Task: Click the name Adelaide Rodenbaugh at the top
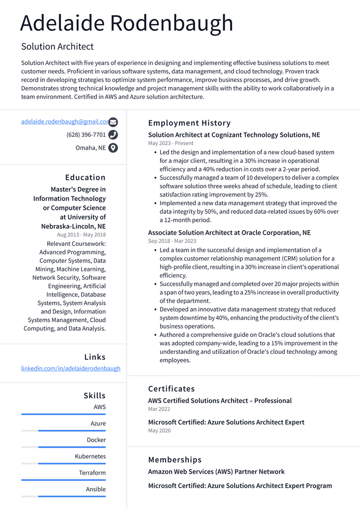pos(127,23)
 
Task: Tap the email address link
pos(65,121)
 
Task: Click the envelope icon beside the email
pos(113,122)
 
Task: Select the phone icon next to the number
pos(113,135)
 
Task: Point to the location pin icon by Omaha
pos(113,148)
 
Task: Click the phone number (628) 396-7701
pos(86,135)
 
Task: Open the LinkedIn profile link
pos(71,369)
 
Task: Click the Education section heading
pos(86,178)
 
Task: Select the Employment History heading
pos(189,123)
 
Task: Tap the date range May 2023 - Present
pos(171,143)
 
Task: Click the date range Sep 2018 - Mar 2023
pos(172,241)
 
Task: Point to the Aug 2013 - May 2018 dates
pos(81,235)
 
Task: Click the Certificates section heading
pos(172,389)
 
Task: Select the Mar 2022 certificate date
pos(159,409)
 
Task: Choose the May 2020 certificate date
pos(159,430)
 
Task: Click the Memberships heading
pos(175,460)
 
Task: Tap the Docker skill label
pos(96,440)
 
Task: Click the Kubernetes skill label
pos(90,456)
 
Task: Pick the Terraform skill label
pos(92,473)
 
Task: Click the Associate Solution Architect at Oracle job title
pos(229,233)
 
